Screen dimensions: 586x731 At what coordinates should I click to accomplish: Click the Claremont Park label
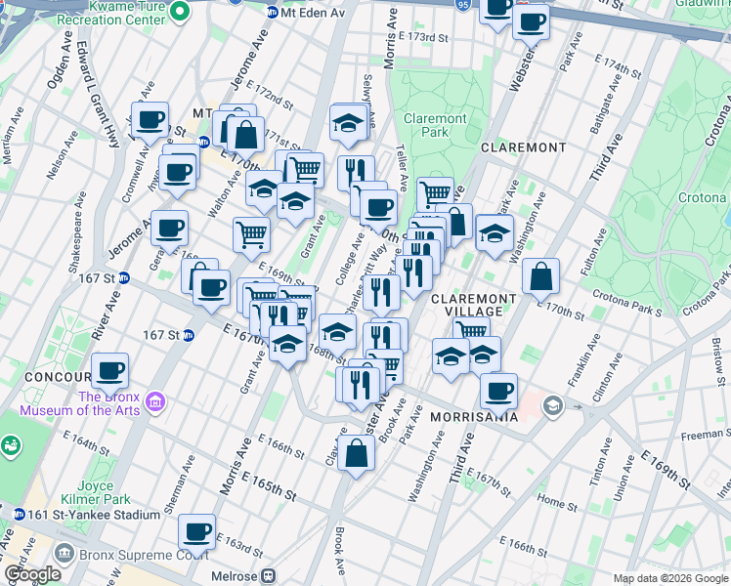tap(435, 125)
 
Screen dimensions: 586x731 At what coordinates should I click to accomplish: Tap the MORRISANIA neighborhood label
tap(474, 416)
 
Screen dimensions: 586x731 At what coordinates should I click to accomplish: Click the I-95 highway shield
tap(462, 5)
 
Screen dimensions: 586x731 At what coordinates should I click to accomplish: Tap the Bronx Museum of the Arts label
tap(117, 403)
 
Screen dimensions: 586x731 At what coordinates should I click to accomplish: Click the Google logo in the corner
tap(33, 574)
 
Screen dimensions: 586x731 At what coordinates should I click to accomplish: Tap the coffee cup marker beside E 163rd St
tap(196, 532)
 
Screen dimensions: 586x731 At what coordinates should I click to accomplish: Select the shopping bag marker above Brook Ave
tap(358, 454)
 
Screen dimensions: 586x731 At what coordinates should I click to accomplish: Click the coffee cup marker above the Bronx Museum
tap(110, 370)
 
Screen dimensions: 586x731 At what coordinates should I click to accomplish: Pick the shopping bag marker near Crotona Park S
tap(540, 276)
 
